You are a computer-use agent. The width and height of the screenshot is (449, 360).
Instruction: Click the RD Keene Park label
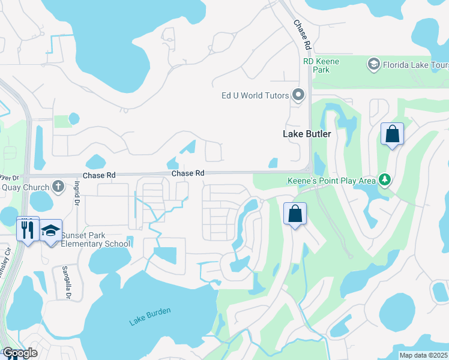coord(321,65)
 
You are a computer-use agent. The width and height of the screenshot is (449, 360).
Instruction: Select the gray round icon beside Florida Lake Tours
coord(373,64)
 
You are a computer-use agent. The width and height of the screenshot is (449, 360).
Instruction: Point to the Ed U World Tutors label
coord(255,95)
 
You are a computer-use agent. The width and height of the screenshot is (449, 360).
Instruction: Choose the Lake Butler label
coord(307,134)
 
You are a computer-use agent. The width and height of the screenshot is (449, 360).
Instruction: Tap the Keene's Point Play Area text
coord(333,180)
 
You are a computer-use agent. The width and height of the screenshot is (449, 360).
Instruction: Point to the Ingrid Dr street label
coord(77,194)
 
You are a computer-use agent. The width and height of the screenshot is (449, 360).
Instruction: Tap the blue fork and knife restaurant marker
coord(28,229)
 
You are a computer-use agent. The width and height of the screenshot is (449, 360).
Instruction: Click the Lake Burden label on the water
coord(150,317)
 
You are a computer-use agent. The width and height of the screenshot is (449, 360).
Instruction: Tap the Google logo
coord(20,353)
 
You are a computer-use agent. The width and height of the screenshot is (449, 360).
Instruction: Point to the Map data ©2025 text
coord(423,355)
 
